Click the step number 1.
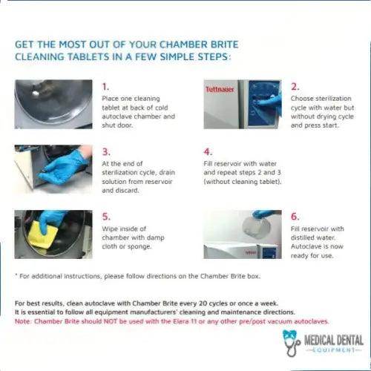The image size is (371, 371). tap(105, 86)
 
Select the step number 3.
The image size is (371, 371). tap(105, 151)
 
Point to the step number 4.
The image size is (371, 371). tap(207, 151)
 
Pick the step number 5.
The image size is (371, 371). tap(105, 217)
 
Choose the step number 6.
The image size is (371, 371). tap(295, 217)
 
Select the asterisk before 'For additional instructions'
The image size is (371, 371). tap(16, 275)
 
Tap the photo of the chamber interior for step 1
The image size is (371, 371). tap(53, 104)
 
